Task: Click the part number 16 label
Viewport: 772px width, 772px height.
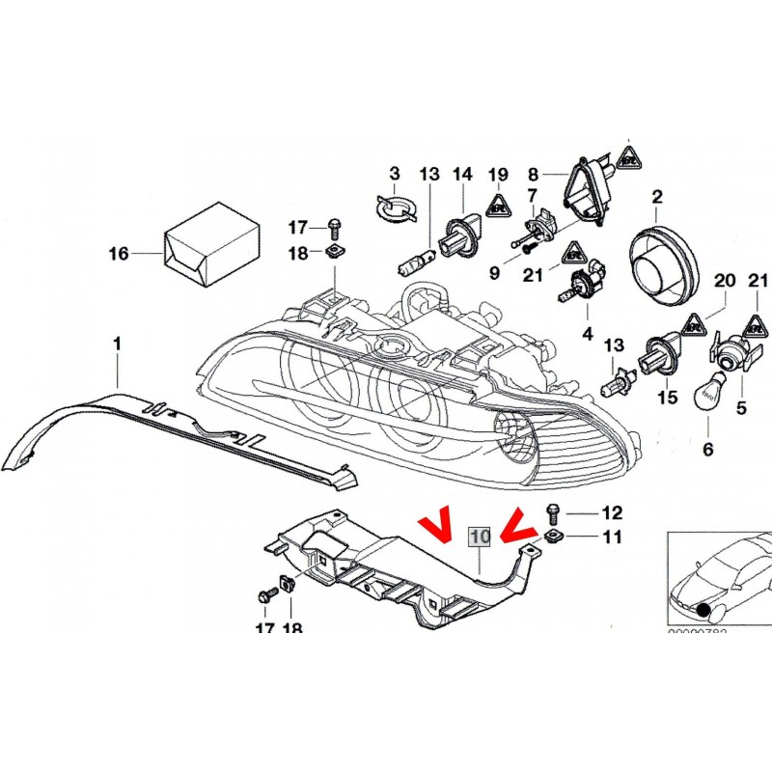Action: pyautogui.click(x=118, y=255)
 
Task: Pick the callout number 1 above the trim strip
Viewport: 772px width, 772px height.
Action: pyautogui.click(x=117, y=343)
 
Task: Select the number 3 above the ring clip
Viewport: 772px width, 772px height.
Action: pyautogui.click(x=394, y=174)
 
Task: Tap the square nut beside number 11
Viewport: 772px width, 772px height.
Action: pyautogui.click(x=553, y=537)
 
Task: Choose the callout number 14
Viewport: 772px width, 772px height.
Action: pyautogui.click(x=463, y=174)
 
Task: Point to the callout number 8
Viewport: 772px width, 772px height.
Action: pyautogui.click(x=532, y=174)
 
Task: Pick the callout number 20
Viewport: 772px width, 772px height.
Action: pyautogui.click(x=725, y=281)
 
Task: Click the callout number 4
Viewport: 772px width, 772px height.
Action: pyautogui.click(x=585, y=335)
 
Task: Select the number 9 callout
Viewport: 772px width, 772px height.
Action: pyautogui.click(x=494, y=273)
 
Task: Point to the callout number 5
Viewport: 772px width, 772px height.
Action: pyautogui.click(x=741, y=408)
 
